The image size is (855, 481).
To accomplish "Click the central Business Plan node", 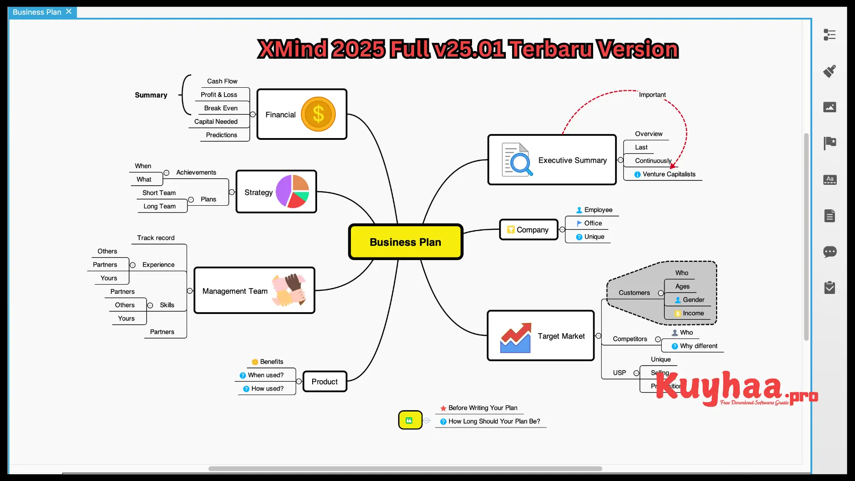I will (x=405, y=242).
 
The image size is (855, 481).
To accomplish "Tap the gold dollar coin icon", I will (x=318, y=114).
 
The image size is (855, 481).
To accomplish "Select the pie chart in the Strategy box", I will (x=292, y=192).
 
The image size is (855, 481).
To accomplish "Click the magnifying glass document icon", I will (x=517, y=160).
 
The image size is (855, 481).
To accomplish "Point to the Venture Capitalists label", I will (x=668, y=174).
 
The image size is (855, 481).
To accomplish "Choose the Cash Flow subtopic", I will (x=222, y=81).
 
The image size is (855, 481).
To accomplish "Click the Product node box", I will (x=325, y=382).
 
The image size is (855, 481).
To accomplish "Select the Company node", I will (x=529, y=230).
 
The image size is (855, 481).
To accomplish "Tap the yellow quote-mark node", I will (x=410, y=420).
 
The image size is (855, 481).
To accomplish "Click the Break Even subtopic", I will (x=220, y=108).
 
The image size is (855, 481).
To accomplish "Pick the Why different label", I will (x=698, y=346).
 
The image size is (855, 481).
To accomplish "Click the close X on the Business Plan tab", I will (x=69, y=12).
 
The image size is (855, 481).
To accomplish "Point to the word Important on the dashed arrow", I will (x=652, y=95).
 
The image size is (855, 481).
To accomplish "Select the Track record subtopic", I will (x=155, y=238).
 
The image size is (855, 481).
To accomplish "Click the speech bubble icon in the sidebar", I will (x=830, y=252).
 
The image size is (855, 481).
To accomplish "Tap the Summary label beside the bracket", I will (x=151, y=95).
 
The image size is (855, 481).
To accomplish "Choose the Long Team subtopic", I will (x=159, y=206).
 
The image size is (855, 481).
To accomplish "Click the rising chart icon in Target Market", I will (x=515, y=338).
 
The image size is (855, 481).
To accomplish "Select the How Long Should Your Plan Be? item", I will (x=494, y=421).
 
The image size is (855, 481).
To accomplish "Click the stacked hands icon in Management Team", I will (x=289, y=290).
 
